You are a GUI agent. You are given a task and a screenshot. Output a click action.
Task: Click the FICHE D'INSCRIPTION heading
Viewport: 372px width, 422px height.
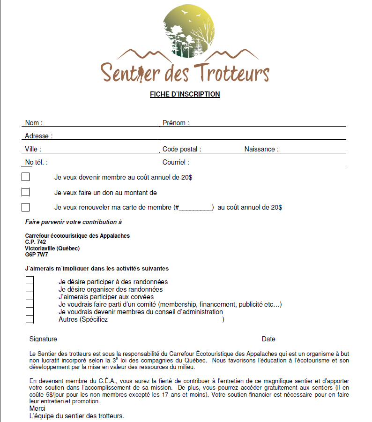click(185, 94)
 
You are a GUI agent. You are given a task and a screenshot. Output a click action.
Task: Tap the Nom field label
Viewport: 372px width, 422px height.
click(33, 123)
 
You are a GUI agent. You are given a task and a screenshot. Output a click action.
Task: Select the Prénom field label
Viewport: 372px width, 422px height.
click(176, 123)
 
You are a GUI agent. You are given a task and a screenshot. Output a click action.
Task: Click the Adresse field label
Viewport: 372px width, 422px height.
click(38, 136)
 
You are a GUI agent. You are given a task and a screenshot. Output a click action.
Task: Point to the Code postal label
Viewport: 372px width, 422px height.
click(182, 149)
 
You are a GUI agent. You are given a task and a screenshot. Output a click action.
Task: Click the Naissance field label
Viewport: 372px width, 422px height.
click(261, 149)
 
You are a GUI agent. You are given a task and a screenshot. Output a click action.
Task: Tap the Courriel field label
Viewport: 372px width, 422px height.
click(176, 162)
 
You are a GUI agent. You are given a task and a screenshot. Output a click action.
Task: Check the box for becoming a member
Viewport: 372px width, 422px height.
click(25, 177)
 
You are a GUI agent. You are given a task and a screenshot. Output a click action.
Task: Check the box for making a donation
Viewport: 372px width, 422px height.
click(25, 192)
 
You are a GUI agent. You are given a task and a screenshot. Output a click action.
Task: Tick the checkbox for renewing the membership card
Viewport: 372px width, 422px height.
click(25, 207)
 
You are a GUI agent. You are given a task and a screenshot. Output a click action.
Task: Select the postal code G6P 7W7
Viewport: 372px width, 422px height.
click(37, 255)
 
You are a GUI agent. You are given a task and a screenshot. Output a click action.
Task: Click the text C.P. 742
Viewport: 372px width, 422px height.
click(36, 242)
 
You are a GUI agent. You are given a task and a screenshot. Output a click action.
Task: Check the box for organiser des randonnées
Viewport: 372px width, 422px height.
click(30, 289)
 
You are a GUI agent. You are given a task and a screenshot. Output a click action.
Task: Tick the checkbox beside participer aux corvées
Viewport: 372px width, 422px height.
click(30, 297)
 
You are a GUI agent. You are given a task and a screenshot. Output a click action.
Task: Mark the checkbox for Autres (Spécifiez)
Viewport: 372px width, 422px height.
click(30, 319)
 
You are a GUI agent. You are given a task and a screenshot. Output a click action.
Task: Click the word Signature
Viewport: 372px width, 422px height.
click(43, 339)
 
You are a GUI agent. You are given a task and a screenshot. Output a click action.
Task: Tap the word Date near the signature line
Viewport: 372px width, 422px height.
click(268, 339)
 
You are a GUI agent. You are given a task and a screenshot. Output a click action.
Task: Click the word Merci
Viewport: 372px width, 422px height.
click(37, 408)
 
